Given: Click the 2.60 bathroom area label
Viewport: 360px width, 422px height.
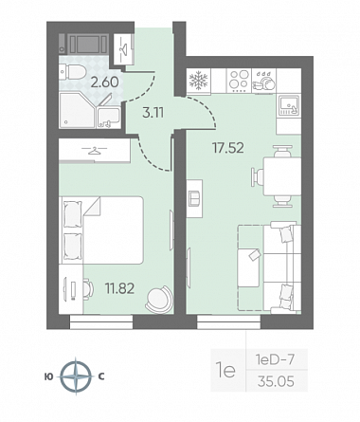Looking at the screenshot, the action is (104, 83).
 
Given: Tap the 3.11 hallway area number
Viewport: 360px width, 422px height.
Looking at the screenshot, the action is (153, 113).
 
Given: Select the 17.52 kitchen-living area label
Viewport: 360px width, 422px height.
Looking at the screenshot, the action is (228, 148).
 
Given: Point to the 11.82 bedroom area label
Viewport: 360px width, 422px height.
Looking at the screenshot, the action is (119, 288).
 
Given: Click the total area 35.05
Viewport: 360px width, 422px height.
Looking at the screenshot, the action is (276, 381).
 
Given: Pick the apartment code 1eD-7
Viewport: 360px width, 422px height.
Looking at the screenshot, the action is (275, 359).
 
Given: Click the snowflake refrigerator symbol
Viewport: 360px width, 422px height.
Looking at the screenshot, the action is (198, 81).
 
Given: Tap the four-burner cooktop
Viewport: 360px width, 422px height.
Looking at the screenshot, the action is (239, 81).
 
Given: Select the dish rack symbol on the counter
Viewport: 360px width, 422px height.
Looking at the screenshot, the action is (264, 82).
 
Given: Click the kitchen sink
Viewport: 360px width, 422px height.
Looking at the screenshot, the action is (289, 105).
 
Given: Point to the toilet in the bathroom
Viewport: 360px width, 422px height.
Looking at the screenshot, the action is (72, 72).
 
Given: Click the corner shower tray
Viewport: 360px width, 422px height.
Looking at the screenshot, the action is (77, 111).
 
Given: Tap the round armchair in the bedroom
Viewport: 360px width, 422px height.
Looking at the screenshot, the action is (159, 299).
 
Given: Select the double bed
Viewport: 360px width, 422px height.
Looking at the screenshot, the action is (102, 230).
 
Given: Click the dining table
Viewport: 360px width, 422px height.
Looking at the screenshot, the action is (282, 177).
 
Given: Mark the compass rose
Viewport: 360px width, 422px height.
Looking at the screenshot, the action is (76, 376).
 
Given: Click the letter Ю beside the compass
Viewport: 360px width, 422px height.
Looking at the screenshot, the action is (48, 376).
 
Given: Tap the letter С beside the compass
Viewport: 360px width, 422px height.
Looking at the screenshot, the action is (101, 376).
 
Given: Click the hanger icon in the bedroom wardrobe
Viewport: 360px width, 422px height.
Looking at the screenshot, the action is (94, 150).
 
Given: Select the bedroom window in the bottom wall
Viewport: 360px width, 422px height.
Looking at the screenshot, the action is (101, 322).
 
